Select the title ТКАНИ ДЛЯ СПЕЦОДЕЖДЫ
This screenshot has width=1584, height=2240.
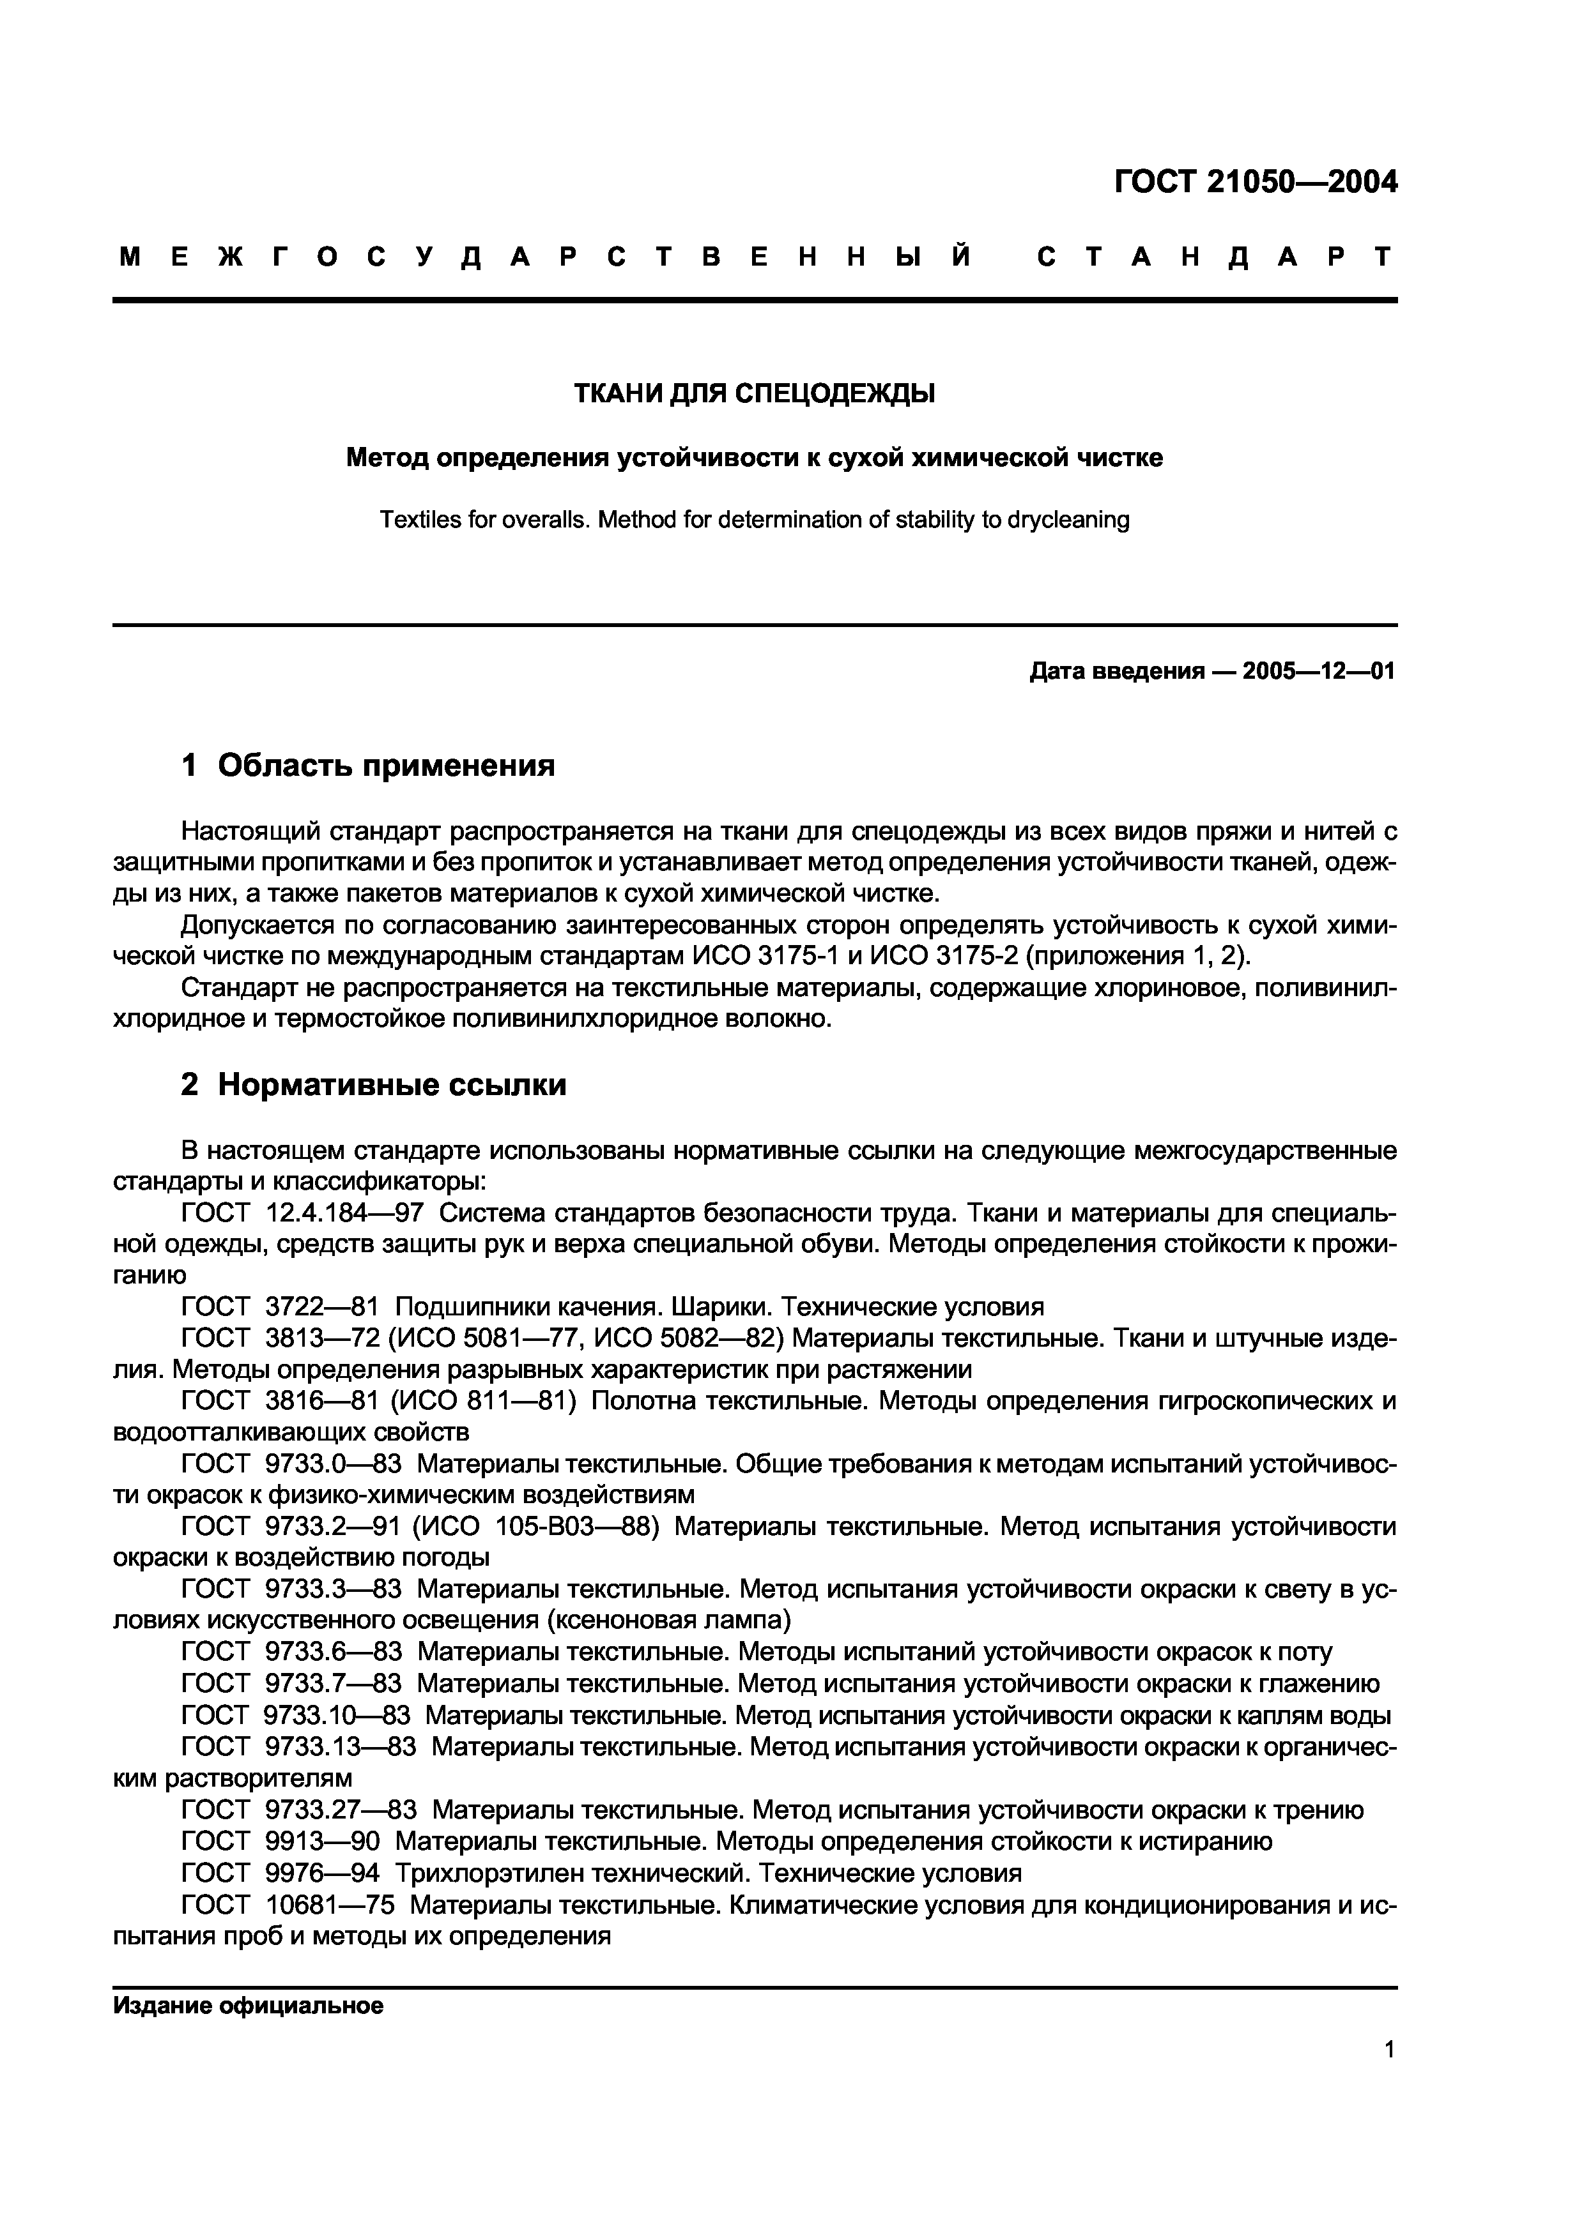click(x=753, y=393)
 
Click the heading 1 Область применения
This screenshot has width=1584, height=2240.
click(x=368, y=766)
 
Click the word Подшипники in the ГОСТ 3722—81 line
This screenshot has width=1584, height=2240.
click(x=473, y=1306)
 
